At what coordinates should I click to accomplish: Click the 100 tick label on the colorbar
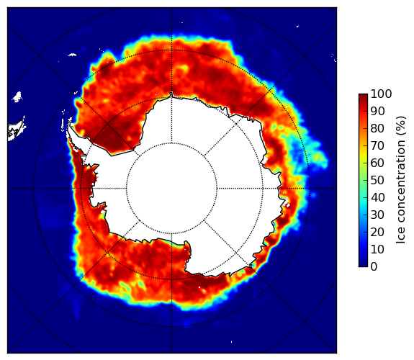381,94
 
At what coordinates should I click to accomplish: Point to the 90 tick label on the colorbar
377,111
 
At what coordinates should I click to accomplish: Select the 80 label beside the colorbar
377,128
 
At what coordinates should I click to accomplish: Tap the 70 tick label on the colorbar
377,145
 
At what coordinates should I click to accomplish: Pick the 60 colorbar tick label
377,163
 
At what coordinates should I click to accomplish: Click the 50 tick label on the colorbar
377,180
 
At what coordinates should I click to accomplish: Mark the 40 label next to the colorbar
377,197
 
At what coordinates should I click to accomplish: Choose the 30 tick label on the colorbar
377,215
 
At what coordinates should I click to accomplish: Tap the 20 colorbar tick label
377,232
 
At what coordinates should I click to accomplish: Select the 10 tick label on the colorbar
377,249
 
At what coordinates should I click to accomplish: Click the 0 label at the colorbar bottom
374,266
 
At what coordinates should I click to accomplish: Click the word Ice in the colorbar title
400,237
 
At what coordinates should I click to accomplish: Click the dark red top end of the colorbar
363,95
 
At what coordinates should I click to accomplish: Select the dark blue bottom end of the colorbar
363,265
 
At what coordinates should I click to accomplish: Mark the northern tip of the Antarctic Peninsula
69,123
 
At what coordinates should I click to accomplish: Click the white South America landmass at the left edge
17,130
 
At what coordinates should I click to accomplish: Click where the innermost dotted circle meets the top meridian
171,143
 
